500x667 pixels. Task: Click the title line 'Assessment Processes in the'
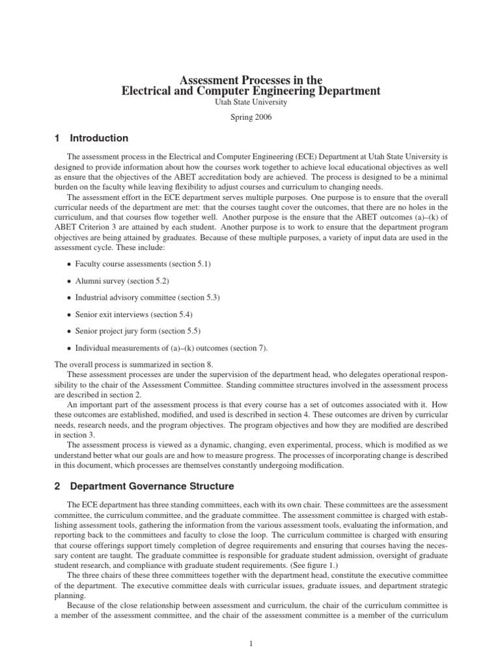click(251, 79)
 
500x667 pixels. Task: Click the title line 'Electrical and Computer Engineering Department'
click(251, 91)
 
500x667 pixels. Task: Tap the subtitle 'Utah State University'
click(251, 102)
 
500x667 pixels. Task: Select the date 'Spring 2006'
click(251, 118)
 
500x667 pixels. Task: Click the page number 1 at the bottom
click(251, 644)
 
